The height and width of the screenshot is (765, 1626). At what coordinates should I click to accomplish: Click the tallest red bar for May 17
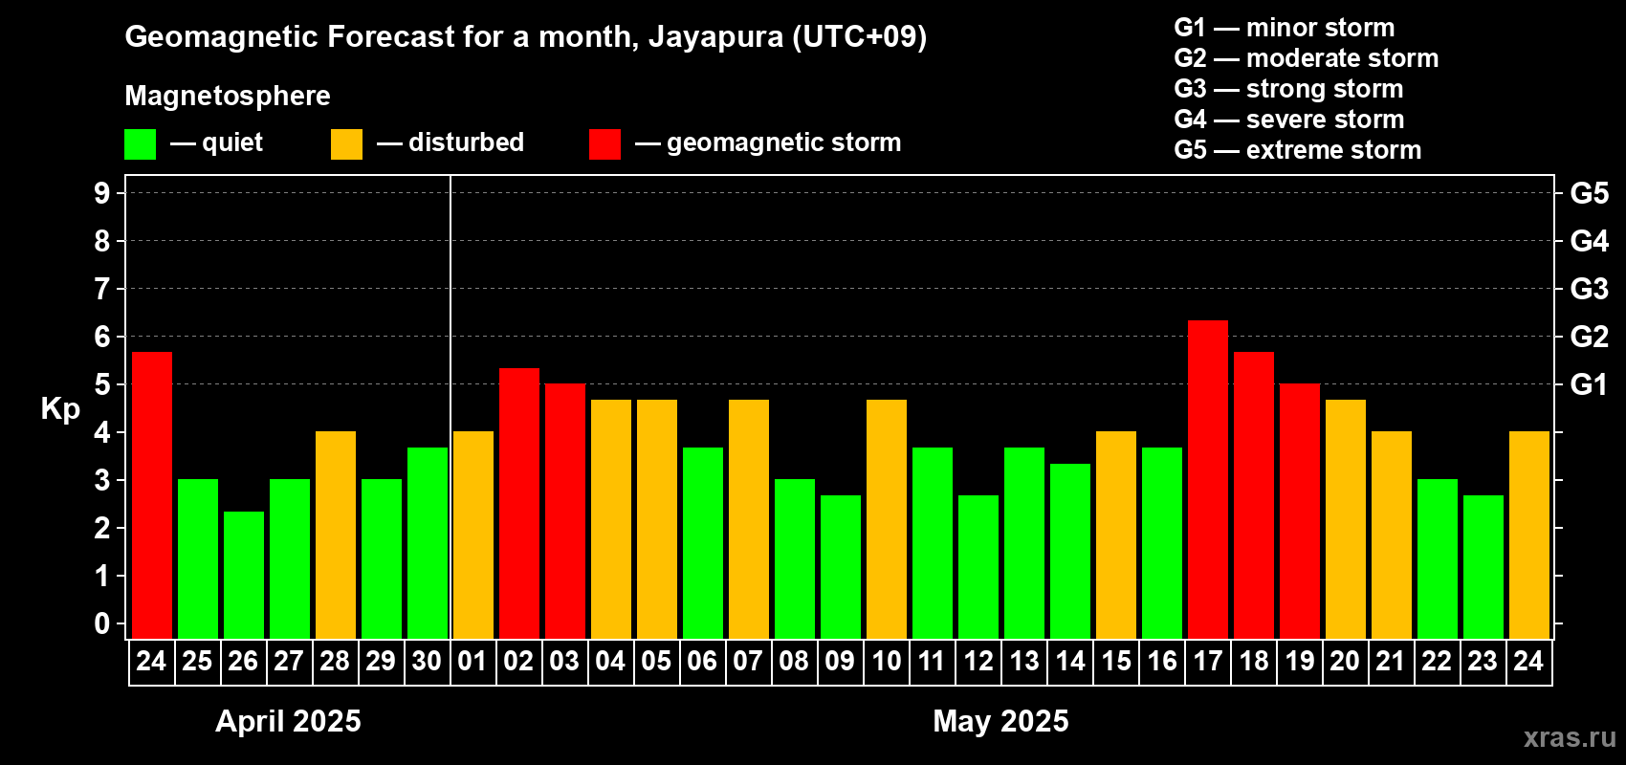1208,479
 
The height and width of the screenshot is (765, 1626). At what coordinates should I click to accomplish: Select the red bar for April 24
152,495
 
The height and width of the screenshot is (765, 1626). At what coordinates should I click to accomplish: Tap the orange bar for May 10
887,519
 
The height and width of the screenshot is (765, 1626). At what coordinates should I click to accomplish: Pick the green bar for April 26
244,575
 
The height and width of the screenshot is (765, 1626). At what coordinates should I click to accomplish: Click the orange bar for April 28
336,535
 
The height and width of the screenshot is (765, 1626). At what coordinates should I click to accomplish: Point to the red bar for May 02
519,503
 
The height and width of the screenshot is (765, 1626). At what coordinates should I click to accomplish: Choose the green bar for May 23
1483,567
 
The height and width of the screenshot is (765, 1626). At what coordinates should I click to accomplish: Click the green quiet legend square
140,144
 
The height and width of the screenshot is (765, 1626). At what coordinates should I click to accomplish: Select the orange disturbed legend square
346,144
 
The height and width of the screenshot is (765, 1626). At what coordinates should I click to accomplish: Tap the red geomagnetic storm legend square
604,144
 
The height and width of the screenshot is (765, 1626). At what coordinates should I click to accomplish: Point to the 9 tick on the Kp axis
102,193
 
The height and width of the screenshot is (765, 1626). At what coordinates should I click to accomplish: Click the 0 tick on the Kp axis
102,624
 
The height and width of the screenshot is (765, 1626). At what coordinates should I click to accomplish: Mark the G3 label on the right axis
1589,289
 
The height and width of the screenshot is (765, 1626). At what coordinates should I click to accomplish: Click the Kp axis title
60,408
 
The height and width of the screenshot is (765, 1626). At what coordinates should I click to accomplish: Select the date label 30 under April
427,662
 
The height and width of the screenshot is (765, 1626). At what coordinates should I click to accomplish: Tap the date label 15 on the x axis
1116,662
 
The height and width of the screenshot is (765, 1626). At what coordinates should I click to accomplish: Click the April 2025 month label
288,721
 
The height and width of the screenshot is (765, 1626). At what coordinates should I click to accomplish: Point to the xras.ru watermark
1570,737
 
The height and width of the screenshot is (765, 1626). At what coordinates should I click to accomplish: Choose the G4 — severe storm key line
1288,120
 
